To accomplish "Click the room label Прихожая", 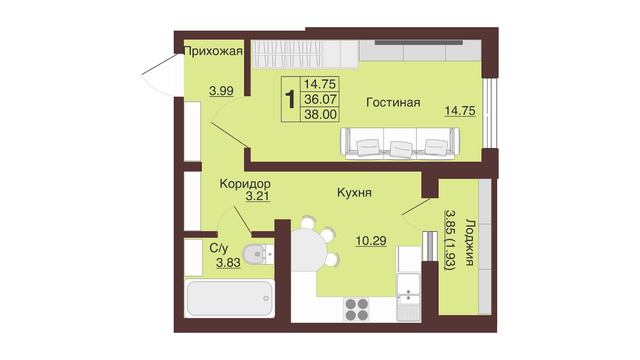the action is [213, 52].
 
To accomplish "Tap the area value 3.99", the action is [221, 91].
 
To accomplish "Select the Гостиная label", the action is [393, 102].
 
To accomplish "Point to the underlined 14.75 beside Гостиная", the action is [460, 111].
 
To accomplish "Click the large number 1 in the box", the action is [290, 100].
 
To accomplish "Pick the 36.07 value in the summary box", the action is [320, 99].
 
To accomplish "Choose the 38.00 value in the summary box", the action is [321, 114].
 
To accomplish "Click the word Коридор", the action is [245, 184].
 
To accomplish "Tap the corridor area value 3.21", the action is [258, 196].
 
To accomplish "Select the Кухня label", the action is [354, 192].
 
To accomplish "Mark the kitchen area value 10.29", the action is [371, 241].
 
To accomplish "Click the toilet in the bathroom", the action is [258, 254].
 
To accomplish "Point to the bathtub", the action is [229, 298].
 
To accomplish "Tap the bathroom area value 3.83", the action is [228, 263].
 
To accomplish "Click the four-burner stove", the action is [357, 309].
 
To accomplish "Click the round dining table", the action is [309, 248].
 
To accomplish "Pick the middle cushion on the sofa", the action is [400, 148].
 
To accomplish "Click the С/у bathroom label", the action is [219, 248].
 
